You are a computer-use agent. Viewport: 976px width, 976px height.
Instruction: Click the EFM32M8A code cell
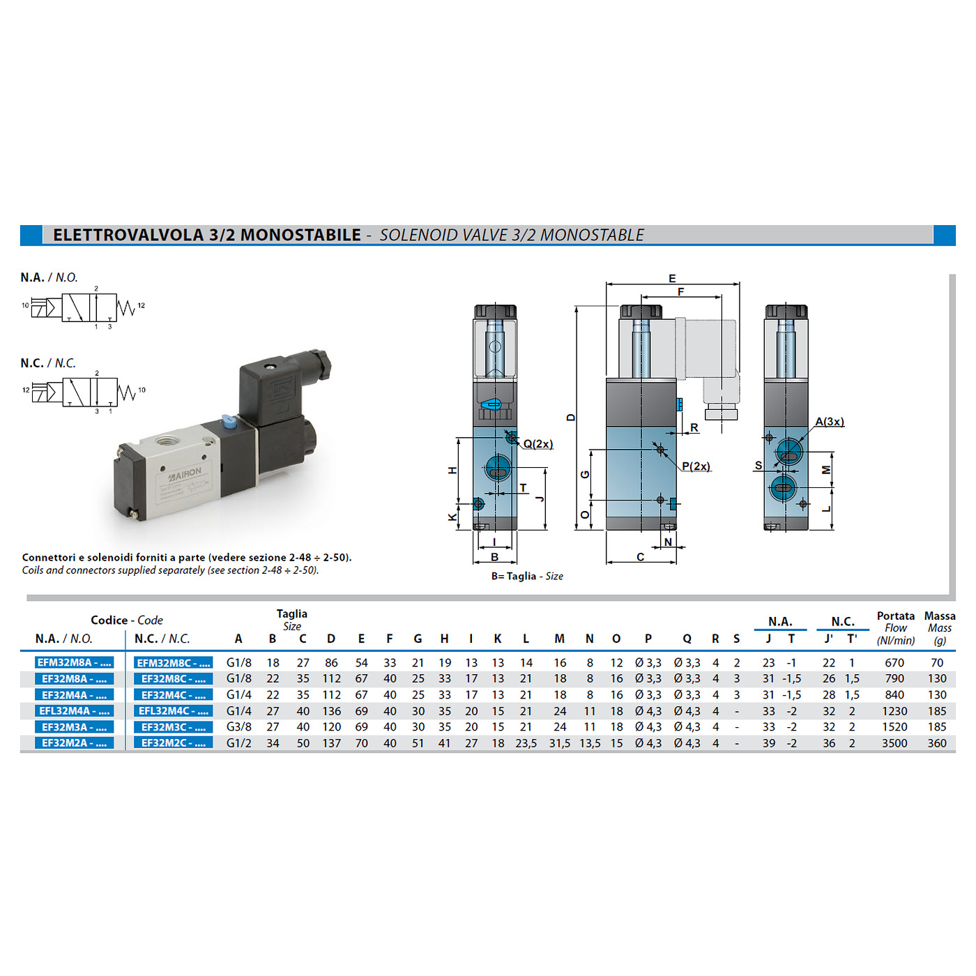(x=74, y=662)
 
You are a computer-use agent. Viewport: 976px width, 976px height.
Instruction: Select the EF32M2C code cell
(x=173, y=743)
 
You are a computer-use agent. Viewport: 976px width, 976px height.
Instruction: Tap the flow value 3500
(x=894, y=743)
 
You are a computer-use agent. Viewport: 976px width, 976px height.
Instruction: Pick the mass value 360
(x=937, y=743)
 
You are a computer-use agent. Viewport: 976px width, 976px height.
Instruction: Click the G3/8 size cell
(x=238, y=727)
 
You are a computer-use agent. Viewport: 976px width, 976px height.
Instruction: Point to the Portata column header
(x=895, y=616)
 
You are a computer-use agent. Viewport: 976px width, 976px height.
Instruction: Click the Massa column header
(x=940, y=616)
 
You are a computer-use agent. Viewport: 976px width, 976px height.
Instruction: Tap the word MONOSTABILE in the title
(x=300, y=235)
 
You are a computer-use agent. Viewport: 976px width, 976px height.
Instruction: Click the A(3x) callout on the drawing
(x=829, y=421)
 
